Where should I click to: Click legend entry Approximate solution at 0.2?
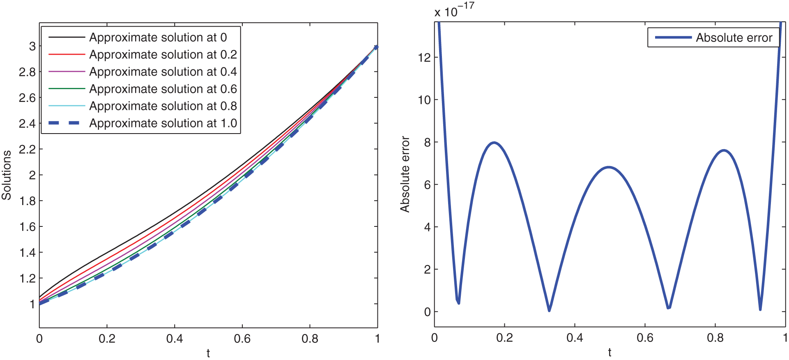[163, 55]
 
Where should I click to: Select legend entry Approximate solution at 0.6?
[163, 89]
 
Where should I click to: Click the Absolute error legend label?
[734, 38]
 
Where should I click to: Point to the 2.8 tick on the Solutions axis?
[27, 72]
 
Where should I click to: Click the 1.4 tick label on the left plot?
[27, 252]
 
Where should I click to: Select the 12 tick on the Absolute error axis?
[424, 58]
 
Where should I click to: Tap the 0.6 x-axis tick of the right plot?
[645, 338]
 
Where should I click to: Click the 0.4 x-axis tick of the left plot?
[175, 339]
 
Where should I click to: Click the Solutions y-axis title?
[7, 175]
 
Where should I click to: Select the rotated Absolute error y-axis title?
[405, 174]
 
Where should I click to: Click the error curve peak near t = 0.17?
[494, 143]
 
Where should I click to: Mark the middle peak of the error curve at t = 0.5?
[609, 167]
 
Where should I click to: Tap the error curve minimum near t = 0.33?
[549, 310]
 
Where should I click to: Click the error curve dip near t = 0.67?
[669, 307]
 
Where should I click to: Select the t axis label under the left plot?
[208, 353]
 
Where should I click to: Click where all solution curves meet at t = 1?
[376, 47]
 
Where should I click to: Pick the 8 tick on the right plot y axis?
[427, 142]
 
